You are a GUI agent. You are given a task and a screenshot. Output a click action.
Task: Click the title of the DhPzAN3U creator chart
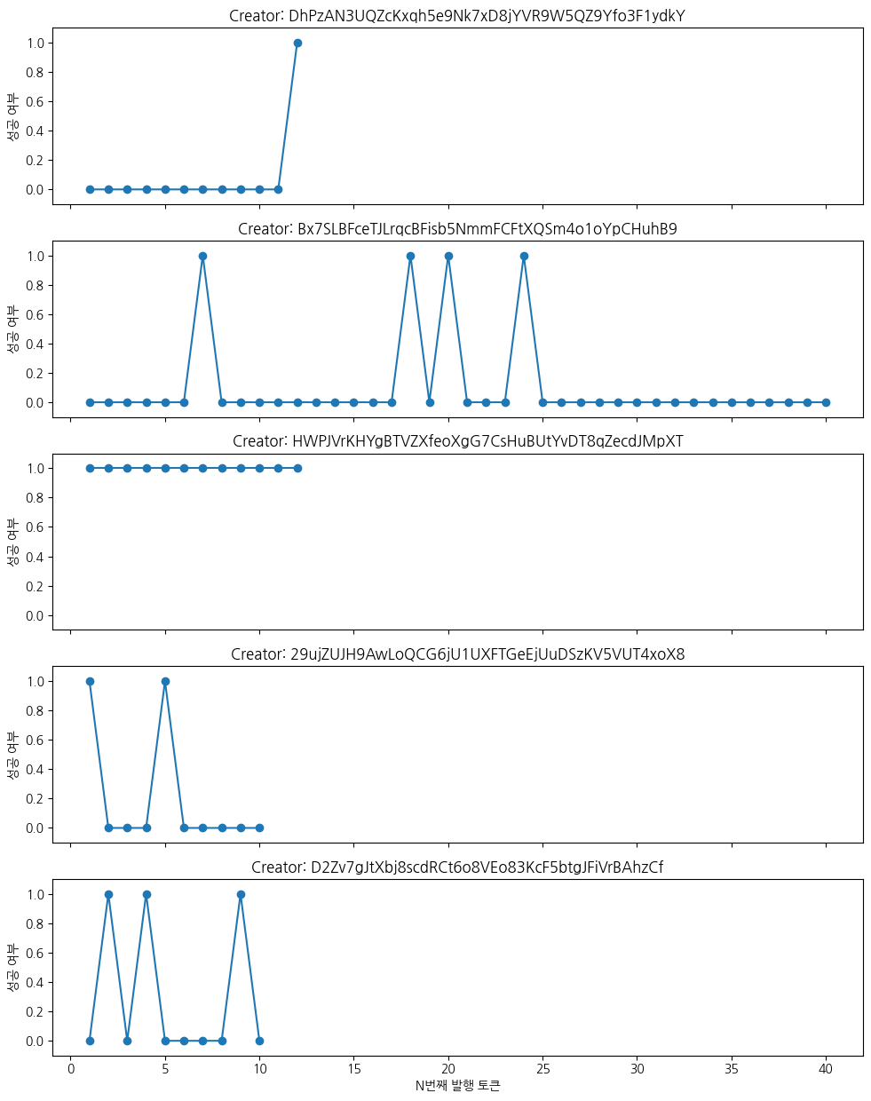click(457, 16)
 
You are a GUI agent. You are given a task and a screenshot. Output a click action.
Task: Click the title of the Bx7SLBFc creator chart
click(457, 229)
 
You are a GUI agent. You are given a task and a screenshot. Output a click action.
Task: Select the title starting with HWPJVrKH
click(457, 441)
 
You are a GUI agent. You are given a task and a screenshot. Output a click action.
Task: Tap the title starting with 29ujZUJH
click(457, 654)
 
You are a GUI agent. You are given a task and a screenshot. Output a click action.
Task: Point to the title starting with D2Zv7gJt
click(457, 867)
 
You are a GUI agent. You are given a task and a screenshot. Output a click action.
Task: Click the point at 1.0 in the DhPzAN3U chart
click(297, 43)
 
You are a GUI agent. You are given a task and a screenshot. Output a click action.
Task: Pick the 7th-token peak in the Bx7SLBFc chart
click(202, 256)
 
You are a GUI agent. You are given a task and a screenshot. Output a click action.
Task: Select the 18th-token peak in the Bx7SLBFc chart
click(410, 256)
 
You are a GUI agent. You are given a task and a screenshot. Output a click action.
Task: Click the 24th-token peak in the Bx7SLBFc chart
click(524, 256)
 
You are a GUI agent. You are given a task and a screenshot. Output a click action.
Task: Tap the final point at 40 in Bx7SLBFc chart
click(826, 402)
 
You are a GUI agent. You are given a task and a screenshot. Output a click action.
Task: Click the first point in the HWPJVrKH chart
click(90, 468)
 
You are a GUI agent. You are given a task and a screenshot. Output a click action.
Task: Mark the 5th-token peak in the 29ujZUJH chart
click(165, 681)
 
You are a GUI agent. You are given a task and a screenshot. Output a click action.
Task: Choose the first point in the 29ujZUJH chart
click(90, 681)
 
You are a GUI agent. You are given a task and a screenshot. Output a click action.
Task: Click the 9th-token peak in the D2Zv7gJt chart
click(241, 894)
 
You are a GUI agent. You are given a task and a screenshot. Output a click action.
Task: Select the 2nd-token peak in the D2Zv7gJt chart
click(108, 894)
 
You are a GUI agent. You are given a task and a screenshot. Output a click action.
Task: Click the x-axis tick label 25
click(542, 1069)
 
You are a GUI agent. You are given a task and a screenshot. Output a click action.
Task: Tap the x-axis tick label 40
click(826, 1069)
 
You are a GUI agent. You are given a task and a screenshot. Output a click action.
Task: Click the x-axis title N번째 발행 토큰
click(457, 1086)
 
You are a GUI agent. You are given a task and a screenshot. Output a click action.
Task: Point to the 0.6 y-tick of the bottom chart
click(36, 953)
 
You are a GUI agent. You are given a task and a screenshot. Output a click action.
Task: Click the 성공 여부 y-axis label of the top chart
click(12, 116)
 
